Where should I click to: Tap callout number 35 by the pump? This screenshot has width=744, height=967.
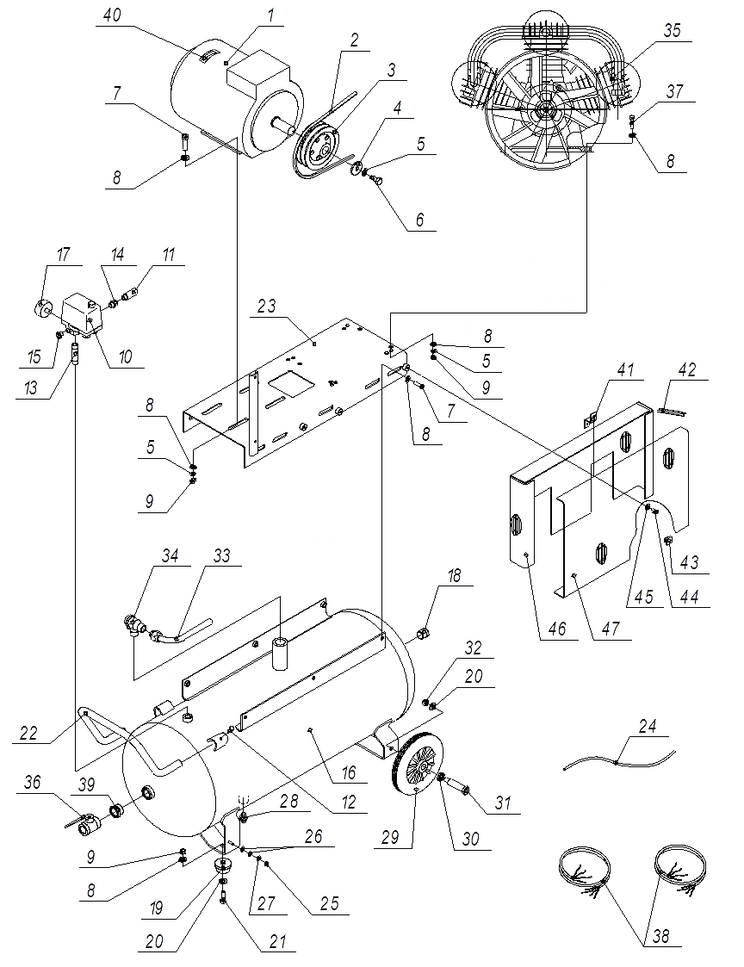click(671, 30)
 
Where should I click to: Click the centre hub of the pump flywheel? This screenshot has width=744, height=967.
click(543, 111)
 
